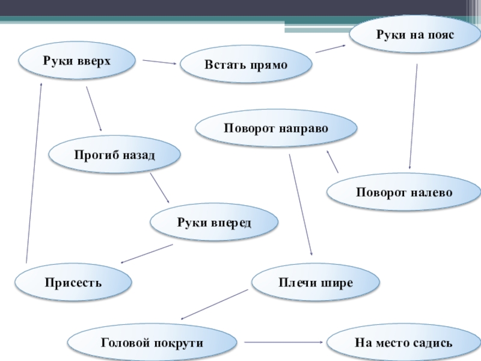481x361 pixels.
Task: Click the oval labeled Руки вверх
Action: tap(77, 60)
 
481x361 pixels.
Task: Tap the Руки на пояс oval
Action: tap(415, 35)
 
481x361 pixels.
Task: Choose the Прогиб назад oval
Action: tap(114, 155)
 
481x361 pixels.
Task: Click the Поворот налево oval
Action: tap(404, 193)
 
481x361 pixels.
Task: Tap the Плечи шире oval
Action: tap(316, 282)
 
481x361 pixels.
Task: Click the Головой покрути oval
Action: tap(152, 342)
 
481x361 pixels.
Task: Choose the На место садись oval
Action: tap(403, 342)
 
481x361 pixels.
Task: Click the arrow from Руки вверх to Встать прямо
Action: tap(159, 61)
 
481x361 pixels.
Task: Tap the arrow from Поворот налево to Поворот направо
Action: tap(332, 161)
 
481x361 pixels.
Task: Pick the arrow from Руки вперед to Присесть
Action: tap(147, 253)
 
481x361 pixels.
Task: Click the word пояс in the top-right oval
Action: tap(438, 35)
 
